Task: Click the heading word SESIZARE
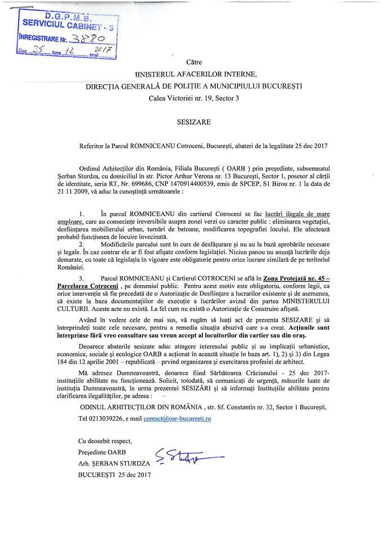(191, 120)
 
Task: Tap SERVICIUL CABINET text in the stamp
(67, 25)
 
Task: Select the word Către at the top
(192, 62)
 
